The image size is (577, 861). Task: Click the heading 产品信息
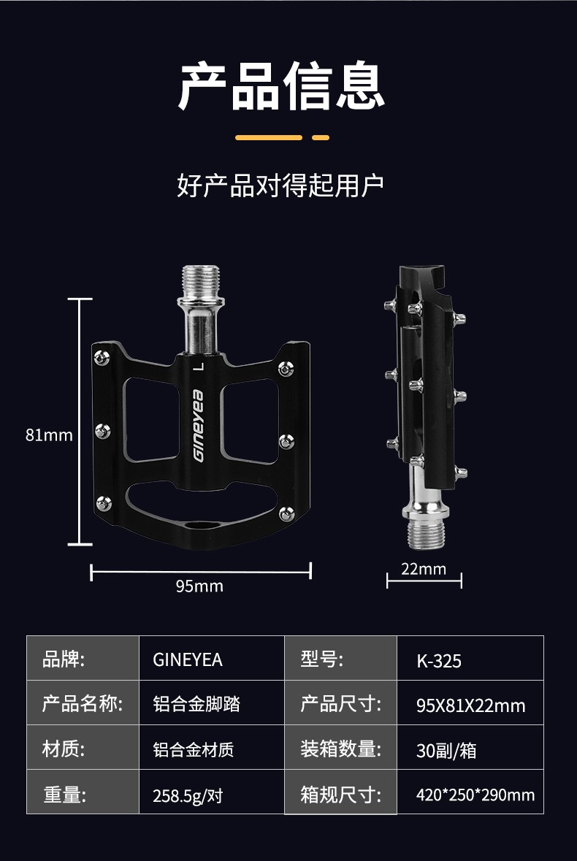click(281, 86)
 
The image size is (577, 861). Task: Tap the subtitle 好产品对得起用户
click(280, 185)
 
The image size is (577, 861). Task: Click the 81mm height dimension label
click(49, 435)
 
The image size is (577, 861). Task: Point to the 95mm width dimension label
click(199, 586)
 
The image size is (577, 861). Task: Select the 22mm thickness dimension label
click(424, 569)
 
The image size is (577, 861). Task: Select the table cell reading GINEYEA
click(188, 660)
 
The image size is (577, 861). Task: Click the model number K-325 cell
click(439, 662)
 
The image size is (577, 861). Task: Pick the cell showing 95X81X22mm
click(470, 705)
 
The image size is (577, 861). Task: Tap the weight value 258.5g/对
click(188, 795)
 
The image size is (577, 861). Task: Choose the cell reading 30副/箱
click(446, 751)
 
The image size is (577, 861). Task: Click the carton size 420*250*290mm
click(475, 795)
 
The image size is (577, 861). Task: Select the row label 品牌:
click(64, 659)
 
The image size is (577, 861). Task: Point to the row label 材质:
click(64, 749)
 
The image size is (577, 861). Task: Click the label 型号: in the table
click(321, 659)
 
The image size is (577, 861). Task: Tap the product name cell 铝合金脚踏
click(196, 704)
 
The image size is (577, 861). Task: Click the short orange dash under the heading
click(321, 137)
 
